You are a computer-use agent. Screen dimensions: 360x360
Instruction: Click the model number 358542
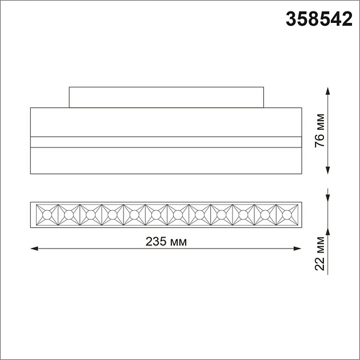pyautogui.click(x=318, y=20)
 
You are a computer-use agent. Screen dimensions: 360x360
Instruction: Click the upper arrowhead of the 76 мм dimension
pyautogui.click(x=327, y=91)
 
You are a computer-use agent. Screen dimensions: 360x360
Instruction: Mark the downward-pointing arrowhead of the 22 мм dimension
pyautogui.click(x=327, y=197)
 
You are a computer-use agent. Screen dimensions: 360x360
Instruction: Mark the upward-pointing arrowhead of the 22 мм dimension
pyautogui.click(x=327, y=233)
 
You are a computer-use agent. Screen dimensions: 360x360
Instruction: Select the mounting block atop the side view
pyautogui.click(x=166, y=97)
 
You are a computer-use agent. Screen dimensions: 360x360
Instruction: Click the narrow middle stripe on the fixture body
pyautogui.click(x=166, y=142)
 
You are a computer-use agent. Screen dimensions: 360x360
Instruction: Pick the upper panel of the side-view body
pyautogui.click(x=166, y=122)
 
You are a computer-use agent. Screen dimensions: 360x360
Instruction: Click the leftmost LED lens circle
pyautogui.click(x=47, y=215)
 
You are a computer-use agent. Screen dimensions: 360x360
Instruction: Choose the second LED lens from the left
pyautogui.click(x=69, y=215)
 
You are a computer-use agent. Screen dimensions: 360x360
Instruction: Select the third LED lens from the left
pyautogui.click(x=90, y=215)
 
